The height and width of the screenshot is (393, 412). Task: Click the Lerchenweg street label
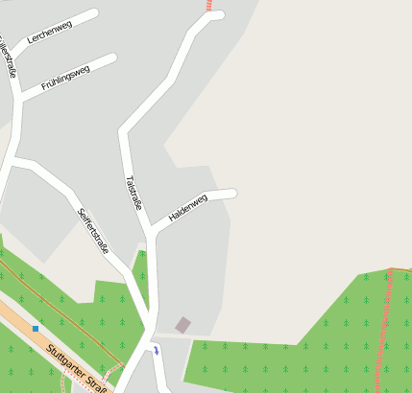[50, 31]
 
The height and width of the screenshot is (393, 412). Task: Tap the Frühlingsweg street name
[65, 77]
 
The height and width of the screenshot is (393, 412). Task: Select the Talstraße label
[134, 192]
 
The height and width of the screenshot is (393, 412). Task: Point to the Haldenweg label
[188, 208]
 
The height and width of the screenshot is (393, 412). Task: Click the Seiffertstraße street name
[93, 231]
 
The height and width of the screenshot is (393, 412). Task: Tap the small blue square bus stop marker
[36, 329]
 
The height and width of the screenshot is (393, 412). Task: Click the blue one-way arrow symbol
[157, 352]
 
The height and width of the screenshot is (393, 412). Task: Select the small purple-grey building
[182, 325]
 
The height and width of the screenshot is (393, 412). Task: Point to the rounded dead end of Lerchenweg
[93, 14]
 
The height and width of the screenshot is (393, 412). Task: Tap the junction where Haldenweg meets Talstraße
[151, 230]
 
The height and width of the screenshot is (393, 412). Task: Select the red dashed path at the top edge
[209, 5]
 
